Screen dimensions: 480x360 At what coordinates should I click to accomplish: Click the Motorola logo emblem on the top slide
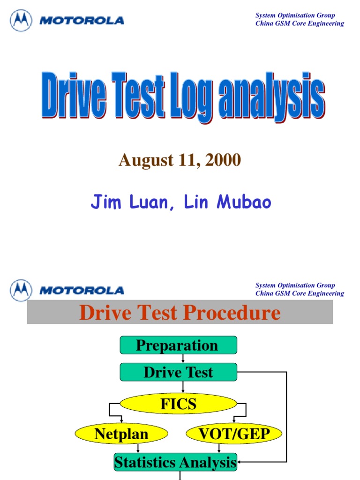click(x=22, y=21)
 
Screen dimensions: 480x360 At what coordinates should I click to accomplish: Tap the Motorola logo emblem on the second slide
click(x=22, y=290)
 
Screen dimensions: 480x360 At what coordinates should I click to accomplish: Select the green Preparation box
click(x=178, y=345)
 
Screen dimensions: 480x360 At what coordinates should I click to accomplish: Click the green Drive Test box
click(x=178, y=372)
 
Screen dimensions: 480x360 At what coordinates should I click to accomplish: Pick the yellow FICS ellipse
click(x=178, y=404)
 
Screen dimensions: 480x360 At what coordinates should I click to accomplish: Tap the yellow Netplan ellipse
click(x=121, y=434)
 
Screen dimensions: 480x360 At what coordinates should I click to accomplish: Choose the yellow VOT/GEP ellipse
click(x=234, y=434)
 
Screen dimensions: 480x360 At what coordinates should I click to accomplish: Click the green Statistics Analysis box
click(x=176, y=462)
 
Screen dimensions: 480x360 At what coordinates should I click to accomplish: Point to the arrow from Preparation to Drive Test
click(x=182, y=359)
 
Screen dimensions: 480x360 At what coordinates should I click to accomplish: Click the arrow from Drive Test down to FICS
click(x=182, y=387)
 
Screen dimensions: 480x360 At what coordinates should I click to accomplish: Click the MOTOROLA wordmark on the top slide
click(x=82, y=21)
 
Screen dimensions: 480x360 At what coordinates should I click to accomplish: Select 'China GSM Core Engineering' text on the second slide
click(x=300, y=293)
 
